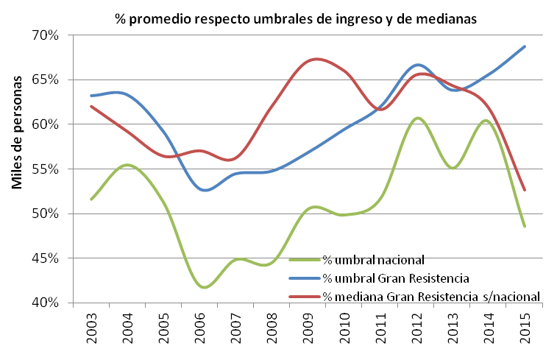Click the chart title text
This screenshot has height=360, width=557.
297,19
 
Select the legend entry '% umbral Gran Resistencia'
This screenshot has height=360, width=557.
396,278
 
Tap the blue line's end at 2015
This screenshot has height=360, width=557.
525,46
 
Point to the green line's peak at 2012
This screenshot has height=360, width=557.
417,118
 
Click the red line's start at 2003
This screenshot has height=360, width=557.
91,106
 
